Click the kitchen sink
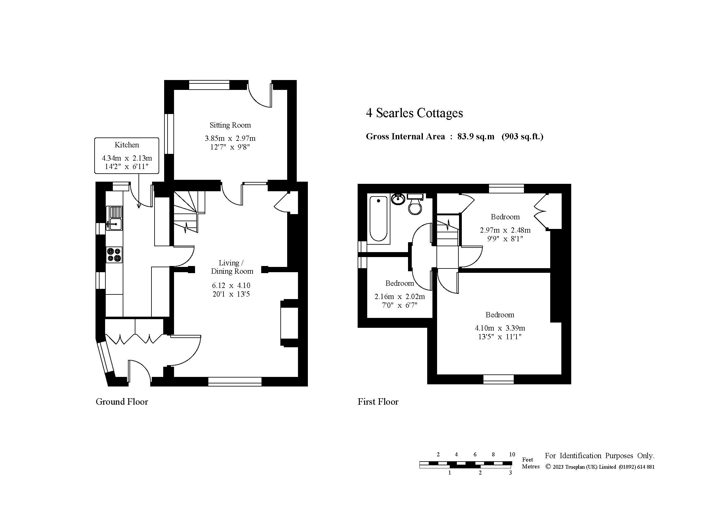pyautogui.click(x=115, y=218)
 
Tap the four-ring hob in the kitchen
pyautogui.click(x=114, y=255)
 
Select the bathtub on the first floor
pyautogui.click(x=379, y=219)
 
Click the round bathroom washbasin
pyautogui.click(x=398, y=199)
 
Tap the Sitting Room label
pyautogui.click(x=230, y=125)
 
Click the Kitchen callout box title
pyautogui.click(x=127, y=145)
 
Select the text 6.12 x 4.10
pyautogui.click(x=231, y=285)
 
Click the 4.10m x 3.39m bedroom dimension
pyautogui.click(x=500, y=328)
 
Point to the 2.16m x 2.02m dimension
pyautogui.click(x=400, y=296)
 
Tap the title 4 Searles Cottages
pyautogui.click(x=415, y=113)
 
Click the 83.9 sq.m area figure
pyautogui.click(x=476, y=137)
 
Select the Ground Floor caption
pyautogui.click(x=122, y=402)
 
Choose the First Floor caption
pyautogui.click(x=378, y=402)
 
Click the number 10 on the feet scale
pyautogui.click(x=512, y=454)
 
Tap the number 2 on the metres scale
pyautogui.click(x=480, y=473)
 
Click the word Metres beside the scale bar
pyautogui.click(x=531, y=467)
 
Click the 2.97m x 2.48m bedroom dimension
pyautogui.click(x=505, y=230)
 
